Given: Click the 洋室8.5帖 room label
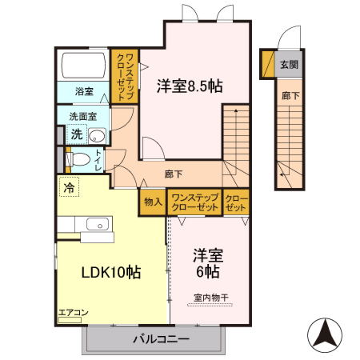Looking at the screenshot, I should [x=190, y=86].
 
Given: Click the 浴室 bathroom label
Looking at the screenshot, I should [x=84, y=91].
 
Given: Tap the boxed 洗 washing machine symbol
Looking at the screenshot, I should [x=75, y=134].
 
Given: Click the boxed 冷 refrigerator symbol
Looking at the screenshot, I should [x=69, y=189].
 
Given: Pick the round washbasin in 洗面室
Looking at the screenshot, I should [x=97, y=134].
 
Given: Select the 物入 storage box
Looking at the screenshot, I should [x=153, y=202].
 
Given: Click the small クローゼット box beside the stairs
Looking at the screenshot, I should [x=235, y=202].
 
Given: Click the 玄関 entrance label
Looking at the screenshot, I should [x=289, y=65].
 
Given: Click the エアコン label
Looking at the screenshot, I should [x=73, y=313].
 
